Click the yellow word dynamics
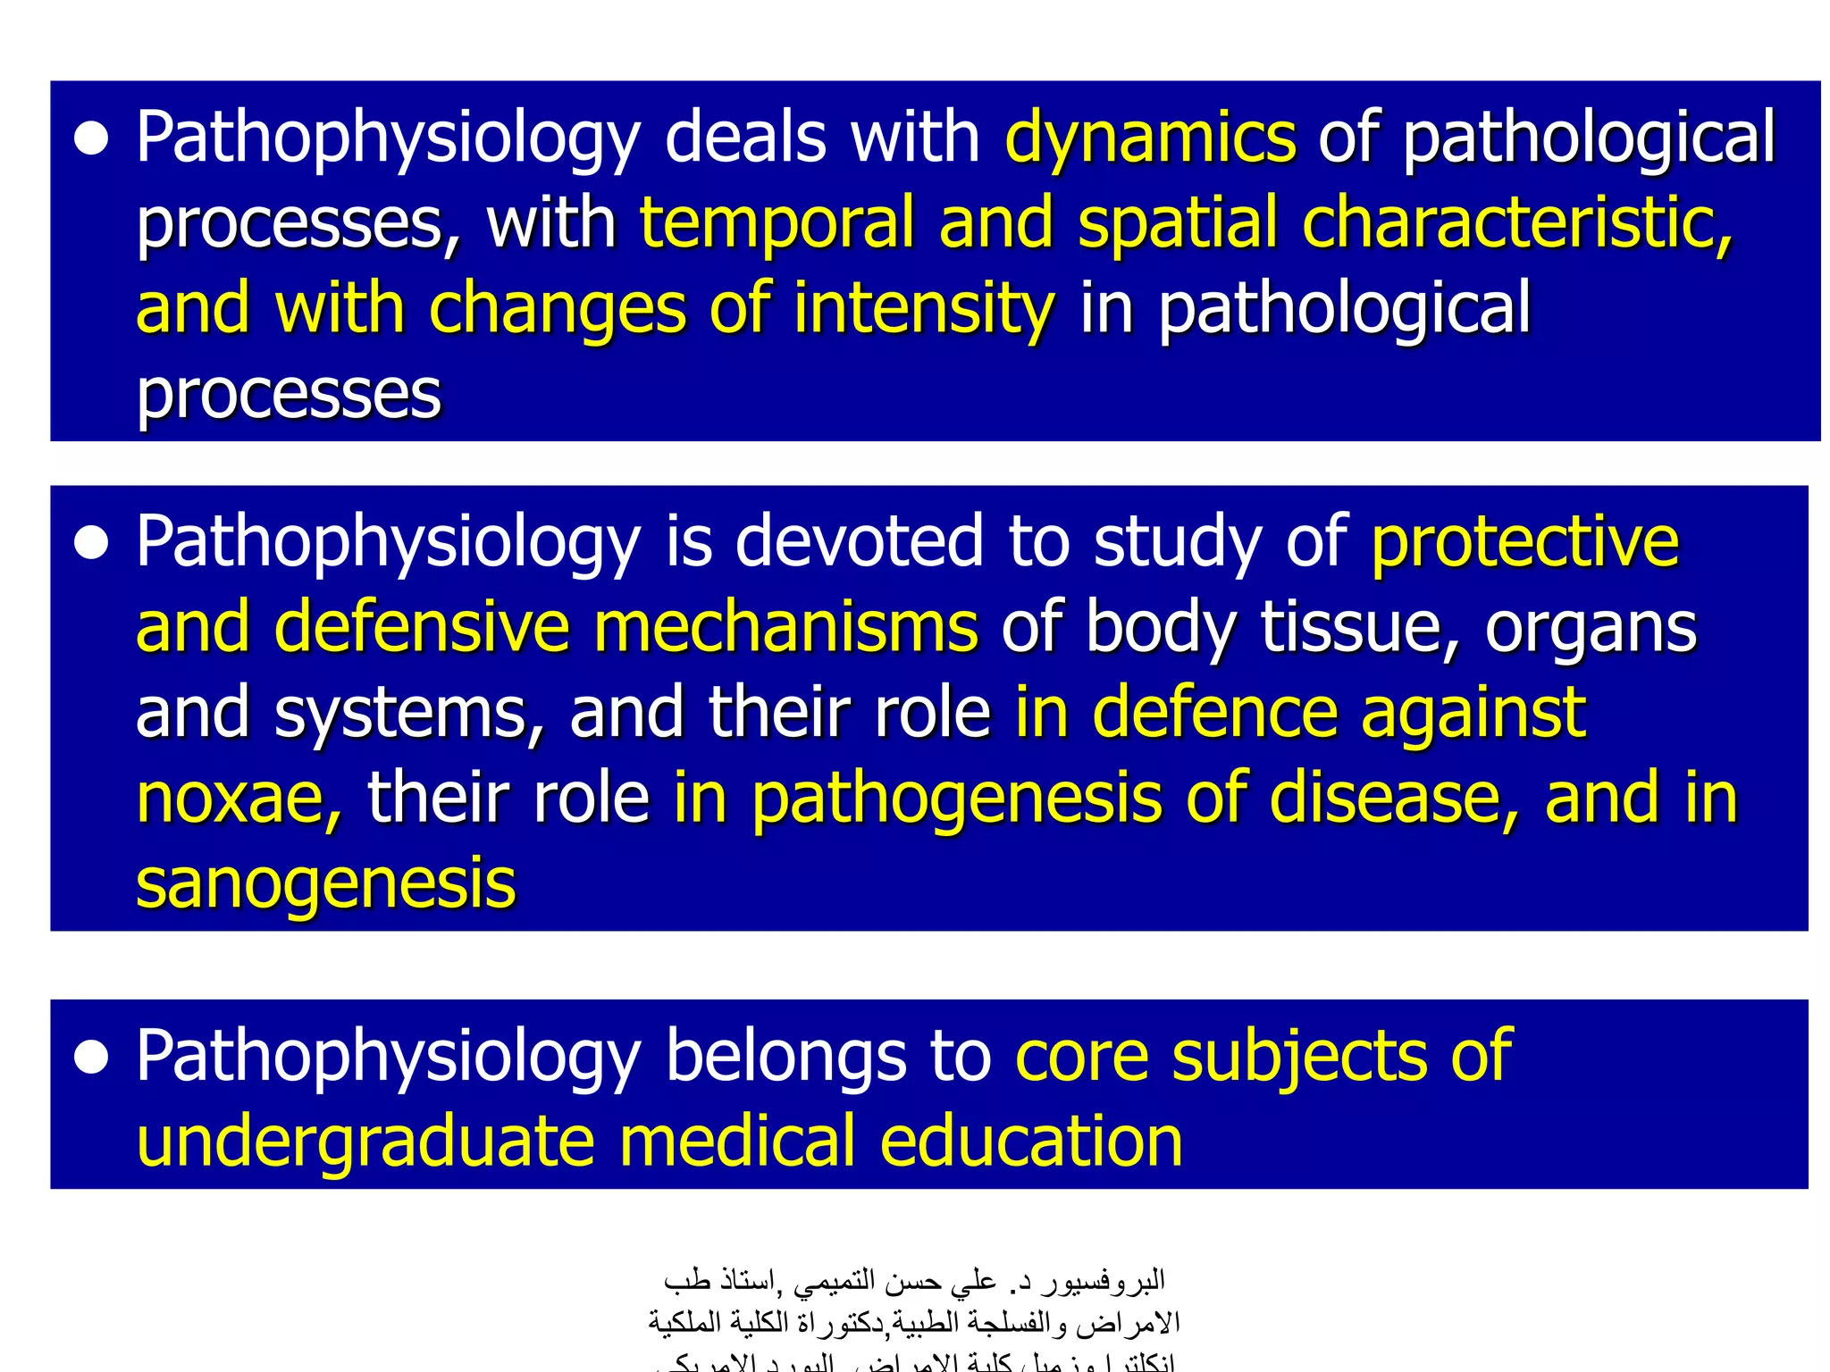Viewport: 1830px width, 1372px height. click(1149, 139)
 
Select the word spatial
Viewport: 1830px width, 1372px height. click(1178, 223)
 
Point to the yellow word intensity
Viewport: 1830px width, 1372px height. click(924, 309)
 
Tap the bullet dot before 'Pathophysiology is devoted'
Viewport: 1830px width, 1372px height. click(92, 543)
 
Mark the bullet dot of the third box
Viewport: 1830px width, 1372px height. click(92, 1058)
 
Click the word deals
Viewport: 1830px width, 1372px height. click(745, 139)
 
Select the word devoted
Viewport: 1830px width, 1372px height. click(859, 542)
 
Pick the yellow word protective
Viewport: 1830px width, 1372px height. click(1524, 542)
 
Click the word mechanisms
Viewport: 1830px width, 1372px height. click(785, 627)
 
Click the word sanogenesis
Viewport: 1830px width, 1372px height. click(325, 883)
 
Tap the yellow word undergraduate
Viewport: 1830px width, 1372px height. click(365, 1142)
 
